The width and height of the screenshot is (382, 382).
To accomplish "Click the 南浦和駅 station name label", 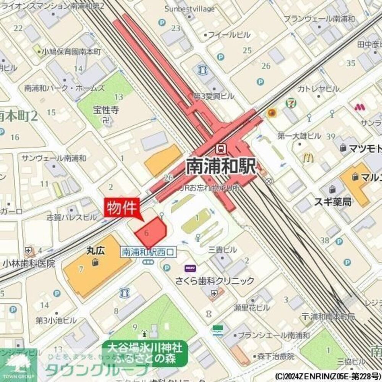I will (x=221, y=166).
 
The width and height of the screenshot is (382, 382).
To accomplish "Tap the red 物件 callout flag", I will (x=122, y=209).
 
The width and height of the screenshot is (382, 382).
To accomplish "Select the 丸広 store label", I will (x=95, y=251).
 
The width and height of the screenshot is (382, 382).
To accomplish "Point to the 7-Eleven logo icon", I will (x=291, y=104).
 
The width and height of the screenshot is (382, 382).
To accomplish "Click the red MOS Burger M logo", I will (x=359, y=107).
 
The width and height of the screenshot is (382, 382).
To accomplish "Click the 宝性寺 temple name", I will (x=106, y=111).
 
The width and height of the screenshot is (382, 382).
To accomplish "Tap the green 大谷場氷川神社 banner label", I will (x=145, y=353).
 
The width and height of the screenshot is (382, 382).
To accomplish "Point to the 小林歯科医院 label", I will (x=29, y=264).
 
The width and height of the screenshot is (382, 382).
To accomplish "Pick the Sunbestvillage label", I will (x=189, y=9).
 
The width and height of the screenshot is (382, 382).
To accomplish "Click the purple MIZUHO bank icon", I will (x=190, y=269).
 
